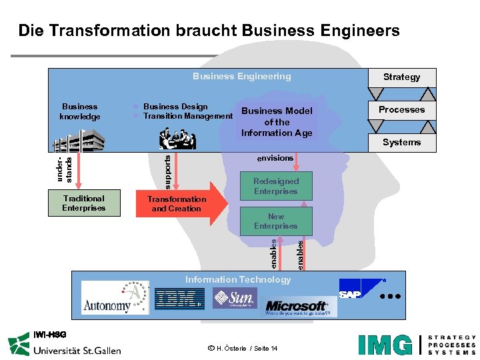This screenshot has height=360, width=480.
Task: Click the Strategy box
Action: pos(401,77)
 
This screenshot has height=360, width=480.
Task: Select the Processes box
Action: pos(401,110)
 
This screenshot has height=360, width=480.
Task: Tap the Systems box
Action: pos(401,142)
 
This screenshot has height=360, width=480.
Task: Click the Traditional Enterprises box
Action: pos(84,203)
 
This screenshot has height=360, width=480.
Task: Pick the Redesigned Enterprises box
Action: pos(276,186)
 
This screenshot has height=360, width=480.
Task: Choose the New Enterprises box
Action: pos(276,221)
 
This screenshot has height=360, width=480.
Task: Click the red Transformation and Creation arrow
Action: pos(179,204)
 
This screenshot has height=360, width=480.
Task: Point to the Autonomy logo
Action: pos(115,297)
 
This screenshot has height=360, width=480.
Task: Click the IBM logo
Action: pos(179,299)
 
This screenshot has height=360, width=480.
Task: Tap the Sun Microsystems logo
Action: pos(235,297)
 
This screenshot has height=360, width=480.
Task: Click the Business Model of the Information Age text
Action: pos(277,122)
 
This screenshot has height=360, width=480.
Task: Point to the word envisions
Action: pos(275,158)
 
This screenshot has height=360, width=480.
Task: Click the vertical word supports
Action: pos(167,170)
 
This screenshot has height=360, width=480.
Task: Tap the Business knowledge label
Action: pos(79,111)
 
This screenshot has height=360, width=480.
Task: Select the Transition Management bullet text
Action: pos(188,117)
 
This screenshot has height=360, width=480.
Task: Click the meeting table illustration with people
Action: pos(177,139)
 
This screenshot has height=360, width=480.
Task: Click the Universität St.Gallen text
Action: pos(77,349)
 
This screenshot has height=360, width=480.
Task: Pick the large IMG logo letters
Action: pos(385,345)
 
